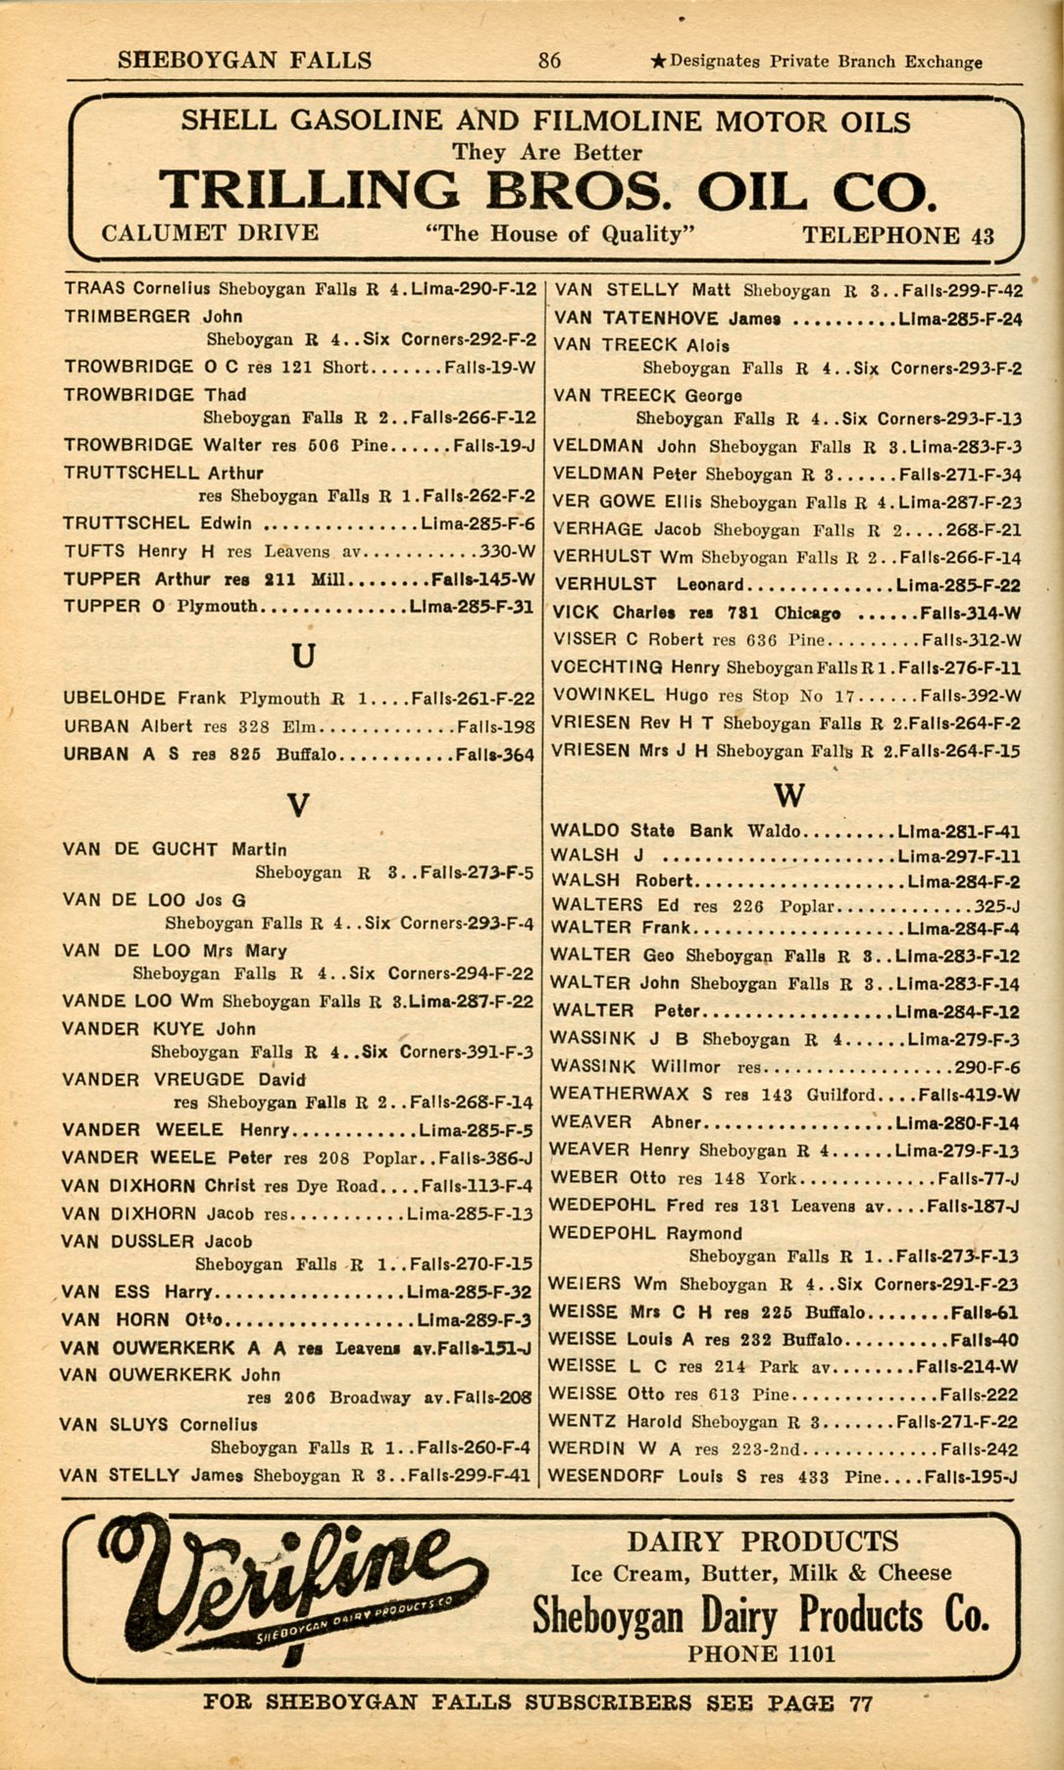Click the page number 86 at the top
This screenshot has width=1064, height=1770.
click(x=549, y=61)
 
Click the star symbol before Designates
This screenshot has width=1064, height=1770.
click(x=659, y=62)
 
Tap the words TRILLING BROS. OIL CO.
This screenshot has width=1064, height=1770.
click(x=547, y=190)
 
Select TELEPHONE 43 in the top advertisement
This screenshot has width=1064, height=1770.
click(x=897, y=235)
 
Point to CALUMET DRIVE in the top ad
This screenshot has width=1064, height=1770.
click(x=210, y=233)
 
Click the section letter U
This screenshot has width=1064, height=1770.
click(x=304, y=655)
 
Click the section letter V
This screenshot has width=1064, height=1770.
click(x=299, y=806)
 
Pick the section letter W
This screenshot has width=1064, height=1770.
click(x=788, y=794)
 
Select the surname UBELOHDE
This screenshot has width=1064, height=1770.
click(x=115, y=699)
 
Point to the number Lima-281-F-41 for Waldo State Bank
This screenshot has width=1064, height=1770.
click(x=958, y=831)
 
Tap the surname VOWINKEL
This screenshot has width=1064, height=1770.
click(x=603, y=696)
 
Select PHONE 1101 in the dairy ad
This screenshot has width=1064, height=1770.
click(x=761, y=1654)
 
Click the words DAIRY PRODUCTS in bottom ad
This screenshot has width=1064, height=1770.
click(x=762, y=1541)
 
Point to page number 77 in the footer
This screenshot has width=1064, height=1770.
click(x=860, y=1703)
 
